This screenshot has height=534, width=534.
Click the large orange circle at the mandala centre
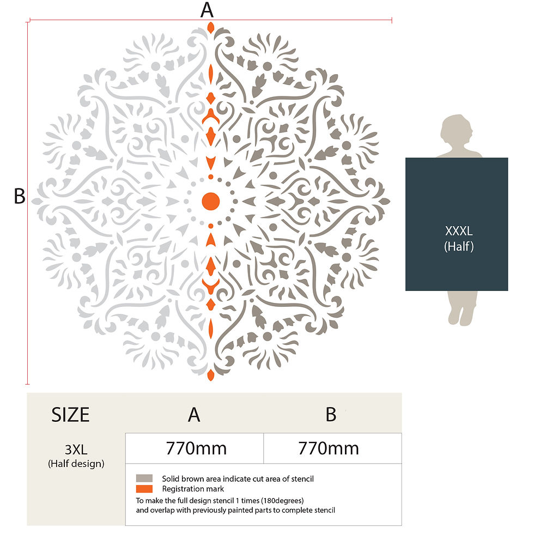point(210,201)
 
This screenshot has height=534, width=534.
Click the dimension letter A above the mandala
point(207,10)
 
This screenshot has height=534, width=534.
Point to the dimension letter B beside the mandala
point(20,196)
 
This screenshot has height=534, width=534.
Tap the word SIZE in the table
point(70,415)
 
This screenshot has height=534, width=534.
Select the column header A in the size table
point(194,415)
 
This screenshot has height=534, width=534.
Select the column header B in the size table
point(331,415)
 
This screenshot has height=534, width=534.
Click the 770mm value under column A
point(196,448)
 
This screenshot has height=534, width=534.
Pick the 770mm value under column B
point(328,448)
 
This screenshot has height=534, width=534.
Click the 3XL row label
point(76,450)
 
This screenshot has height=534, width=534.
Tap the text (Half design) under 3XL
point(76,464)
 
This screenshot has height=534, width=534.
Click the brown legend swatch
point(144,478)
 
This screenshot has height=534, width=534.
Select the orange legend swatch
point(144,489)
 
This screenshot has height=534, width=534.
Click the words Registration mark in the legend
point(193,489)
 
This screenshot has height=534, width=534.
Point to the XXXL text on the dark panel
point(459,231)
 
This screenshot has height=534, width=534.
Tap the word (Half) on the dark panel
point(459,246)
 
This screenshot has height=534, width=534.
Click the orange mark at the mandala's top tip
point(210,28)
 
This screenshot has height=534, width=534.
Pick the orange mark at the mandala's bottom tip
point(210,375)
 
